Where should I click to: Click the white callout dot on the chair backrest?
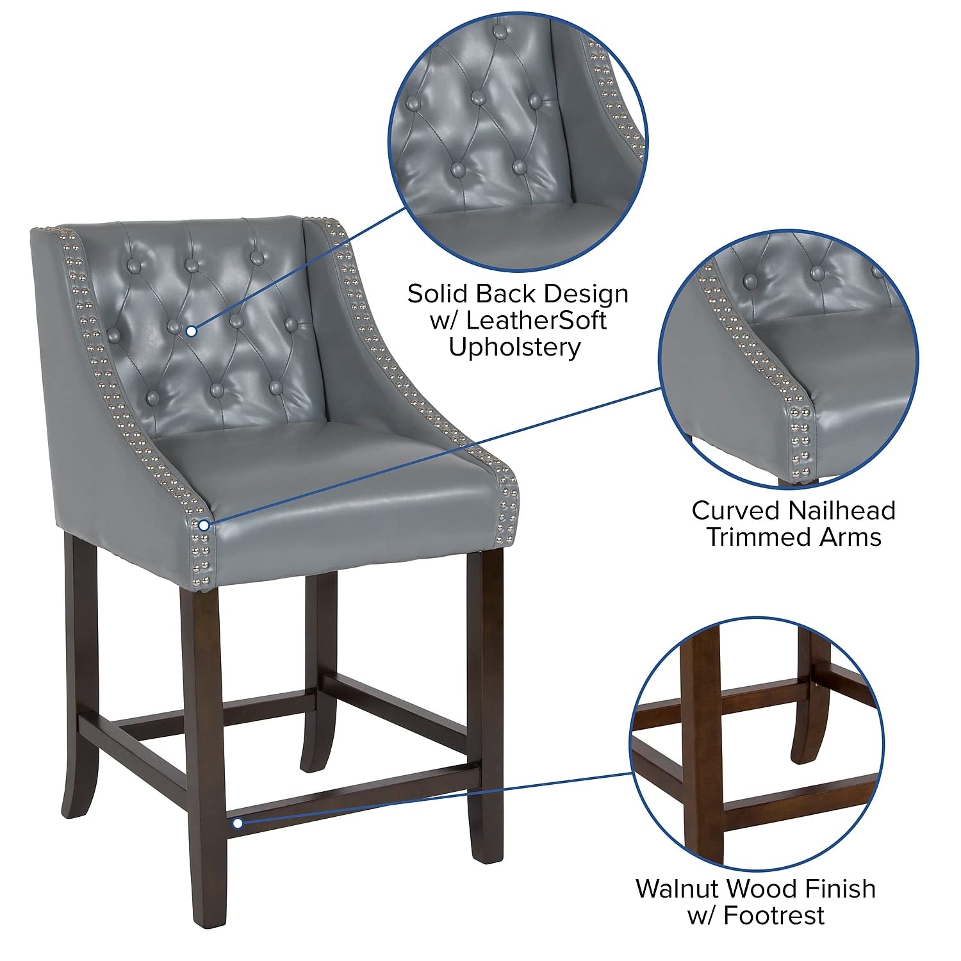click(191, 331)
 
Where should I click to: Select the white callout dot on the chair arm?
click(204, 525)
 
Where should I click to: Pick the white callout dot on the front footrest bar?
click(237, 823)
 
